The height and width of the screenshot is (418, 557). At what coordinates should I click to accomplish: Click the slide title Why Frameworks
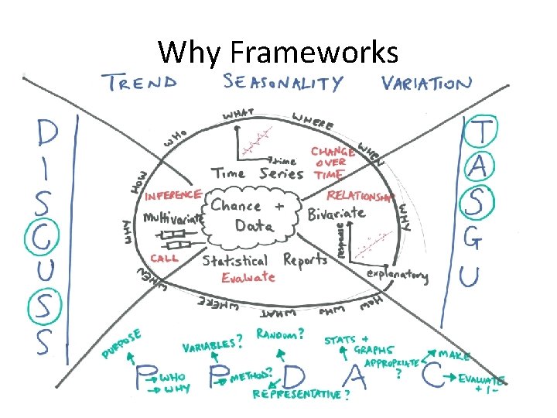tap(278, 53)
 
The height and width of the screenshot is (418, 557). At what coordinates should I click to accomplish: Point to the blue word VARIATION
tap(425, 84)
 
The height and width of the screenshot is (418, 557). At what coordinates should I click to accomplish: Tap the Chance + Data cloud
tap(248, 216)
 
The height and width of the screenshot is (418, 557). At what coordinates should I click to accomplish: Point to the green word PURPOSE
tap(122, 343)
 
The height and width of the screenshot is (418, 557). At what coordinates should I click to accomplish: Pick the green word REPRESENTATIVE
tap(299, 394)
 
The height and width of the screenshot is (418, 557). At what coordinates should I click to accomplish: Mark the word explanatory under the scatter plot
tap(398, 275)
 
